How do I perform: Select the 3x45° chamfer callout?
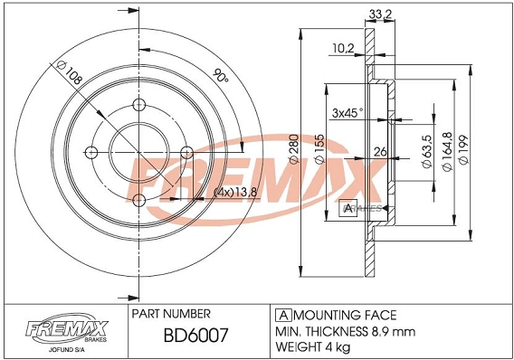click(347, 113)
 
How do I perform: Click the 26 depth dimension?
click(381, 152)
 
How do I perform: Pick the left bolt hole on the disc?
click(90, 152)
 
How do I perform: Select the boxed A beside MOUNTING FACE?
click(281, 315)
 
